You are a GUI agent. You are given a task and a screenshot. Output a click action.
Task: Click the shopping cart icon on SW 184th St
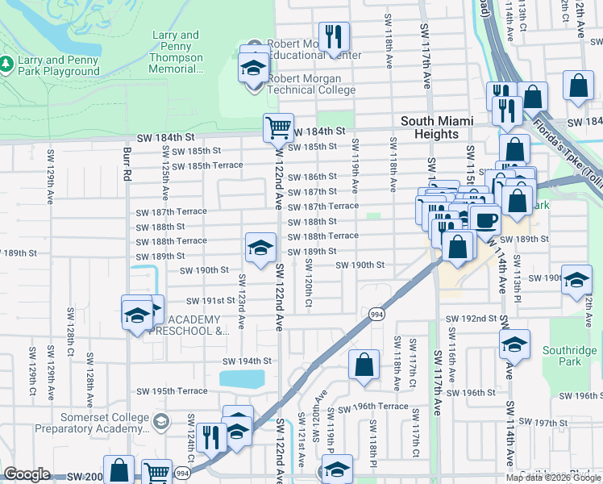278,127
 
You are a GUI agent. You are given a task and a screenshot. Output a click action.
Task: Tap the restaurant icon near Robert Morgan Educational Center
333,36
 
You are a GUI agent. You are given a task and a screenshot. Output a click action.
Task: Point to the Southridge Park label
569,356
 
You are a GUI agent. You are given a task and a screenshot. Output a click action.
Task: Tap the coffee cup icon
484,219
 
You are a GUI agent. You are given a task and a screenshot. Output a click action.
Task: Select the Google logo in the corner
27,474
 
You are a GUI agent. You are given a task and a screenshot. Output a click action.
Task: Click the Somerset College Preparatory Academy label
105,423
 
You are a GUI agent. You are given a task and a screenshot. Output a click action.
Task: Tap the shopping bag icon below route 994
364,364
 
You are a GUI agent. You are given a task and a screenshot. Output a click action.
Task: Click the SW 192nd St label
469,319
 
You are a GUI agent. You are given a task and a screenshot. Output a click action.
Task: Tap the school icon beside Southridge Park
514,344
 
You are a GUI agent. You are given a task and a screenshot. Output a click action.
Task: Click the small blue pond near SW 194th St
242,378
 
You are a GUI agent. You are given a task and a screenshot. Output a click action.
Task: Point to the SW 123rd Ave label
241,303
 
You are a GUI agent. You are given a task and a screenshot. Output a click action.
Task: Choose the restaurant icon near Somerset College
211,438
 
